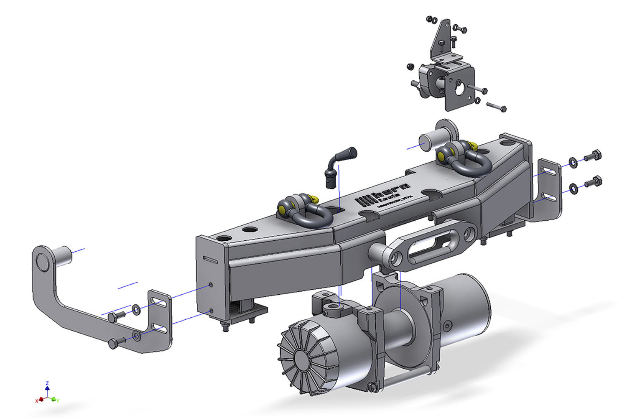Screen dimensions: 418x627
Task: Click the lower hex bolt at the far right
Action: pyautogui.click(x=594, y=182)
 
